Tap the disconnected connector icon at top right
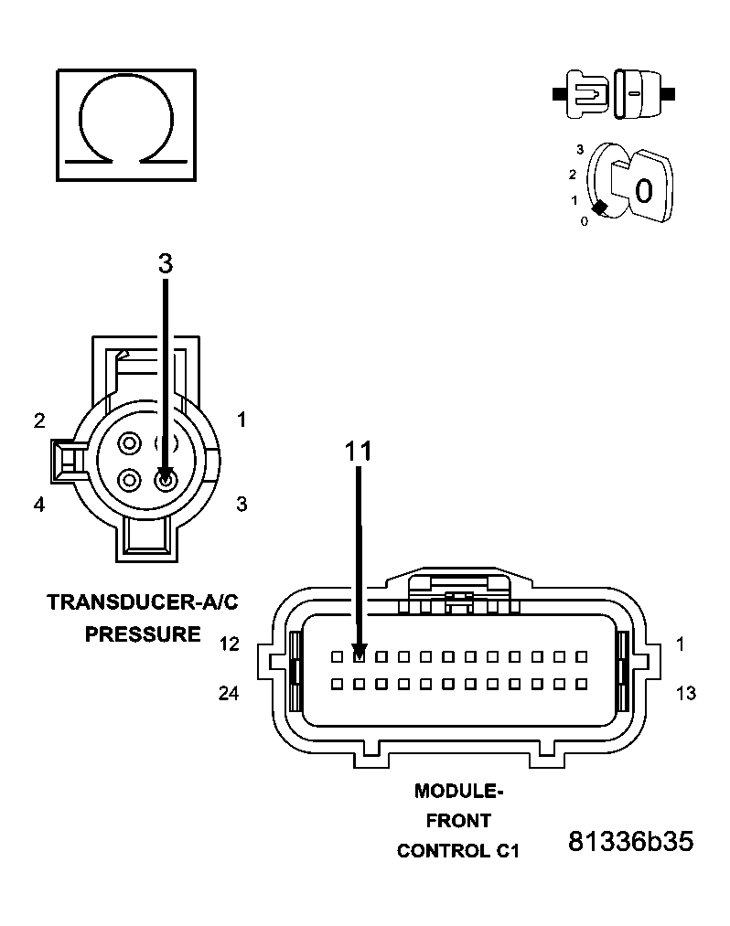614,93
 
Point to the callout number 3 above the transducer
165,263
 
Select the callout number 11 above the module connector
359,451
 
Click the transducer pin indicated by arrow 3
166,479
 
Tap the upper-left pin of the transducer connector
130,444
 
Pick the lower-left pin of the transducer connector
130,479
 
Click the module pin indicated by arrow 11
360,656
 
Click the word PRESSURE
143,633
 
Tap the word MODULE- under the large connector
458,791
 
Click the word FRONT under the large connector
458,821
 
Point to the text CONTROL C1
458,851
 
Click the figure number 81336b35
630,841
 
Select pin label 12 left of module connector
229,644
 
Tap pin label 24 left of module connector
229,694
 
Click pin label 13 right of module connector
685,694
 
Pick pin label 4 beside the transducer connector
39,504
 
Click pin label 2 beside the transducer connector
39,420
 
